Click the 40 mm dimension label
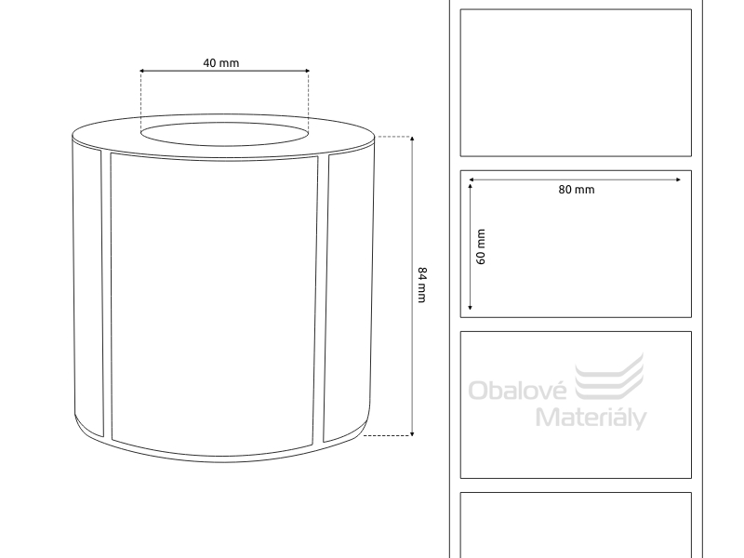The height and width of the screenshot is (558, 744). tap(221, 63)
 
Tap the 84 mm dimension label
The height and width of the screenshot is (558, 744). tap(422, 285)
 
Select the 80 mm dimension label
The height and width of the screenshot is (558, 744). tap(576, 190)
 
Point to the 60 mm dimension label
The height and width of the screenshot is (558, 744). tap(481, 246)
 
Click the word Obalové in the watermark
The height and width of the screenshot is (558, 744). tap(517, 390)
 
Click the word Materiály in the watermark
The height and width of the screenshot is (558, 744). tap(591, 418)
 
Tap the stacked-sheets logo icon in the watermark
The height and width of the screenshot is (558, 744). tap(609, 377)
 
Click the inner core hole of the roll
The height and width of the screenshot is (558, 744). tap(224, 134)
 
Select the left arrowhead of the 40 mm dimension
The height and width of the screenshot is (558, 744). tap(141, 72)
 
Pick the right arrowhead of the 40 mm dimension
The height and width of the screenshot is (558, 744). tap(307, 72)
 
